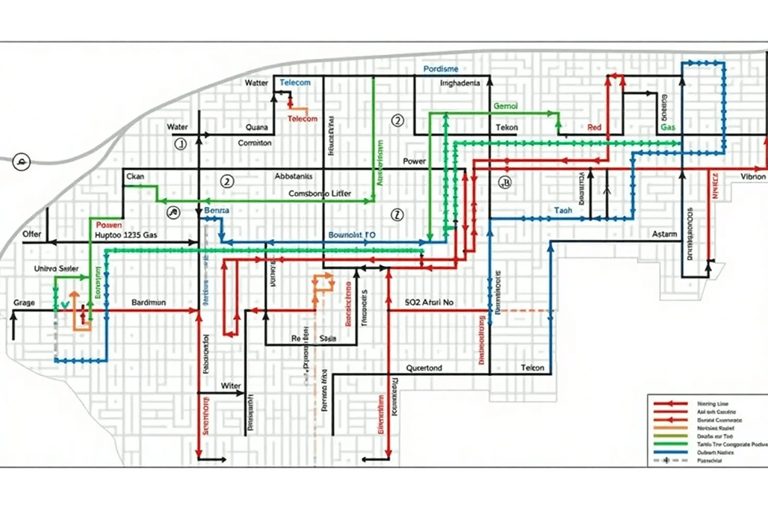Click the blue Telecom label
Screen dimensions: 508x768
tap(295, 82)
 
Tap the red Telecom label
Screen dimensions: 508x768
tap(303, 119)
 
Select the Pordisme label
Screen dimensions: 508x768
tap(441, 69)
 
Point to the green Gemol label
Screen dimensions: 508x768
tap(506, 106)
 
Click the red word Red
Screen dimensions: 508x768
tap(595, 128)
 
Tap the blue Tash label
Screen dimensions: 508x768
tap(563, 211)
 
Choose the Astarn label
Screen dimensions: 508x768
tap(664, 235)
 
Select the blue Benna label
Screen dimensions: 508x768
tap(217, 211)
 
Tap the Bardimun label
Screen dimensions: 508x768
tap(149, 303)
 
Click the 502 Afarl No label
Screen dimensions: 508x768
tap(429, 303)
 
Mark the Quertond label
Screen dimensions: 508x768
tap(424, 368)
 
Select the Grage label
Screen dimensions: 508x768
tap(24, 303)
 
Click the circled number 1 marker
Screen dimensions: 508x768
tap(179, 144)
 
